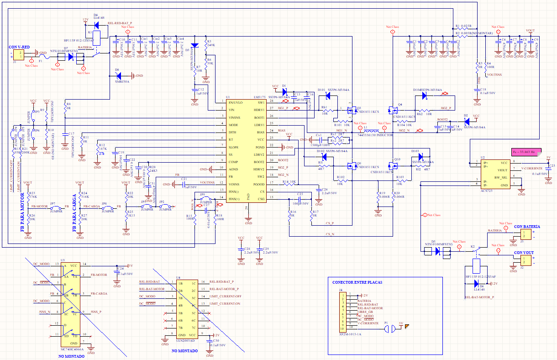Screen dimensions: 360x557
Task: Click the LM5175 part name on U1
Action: (262, 98)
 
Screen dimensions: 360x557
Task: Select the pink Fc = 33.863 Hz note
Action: (526, 151)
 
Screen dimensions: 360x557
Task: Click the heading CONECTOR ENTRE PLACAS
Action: (357, 282)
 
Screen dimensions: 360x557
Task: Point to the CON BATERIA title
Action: (527, 227)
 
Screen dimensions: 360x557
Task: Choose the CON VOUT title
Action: (524, 252)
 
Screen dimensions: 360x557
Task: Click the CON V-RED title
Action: (19, 47)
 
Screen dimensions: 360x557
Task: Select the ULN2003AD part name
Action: (185, 340)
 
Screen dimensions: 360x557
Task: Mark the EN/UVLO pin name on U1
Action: (236, 103)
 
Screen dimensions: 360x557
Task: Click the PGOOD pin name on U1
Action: (259, 184)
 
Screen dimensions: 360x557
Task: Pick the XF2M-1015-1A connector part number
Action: (350, 334)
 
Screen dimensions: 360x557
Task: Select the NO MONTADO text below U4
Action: (185, 351)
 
